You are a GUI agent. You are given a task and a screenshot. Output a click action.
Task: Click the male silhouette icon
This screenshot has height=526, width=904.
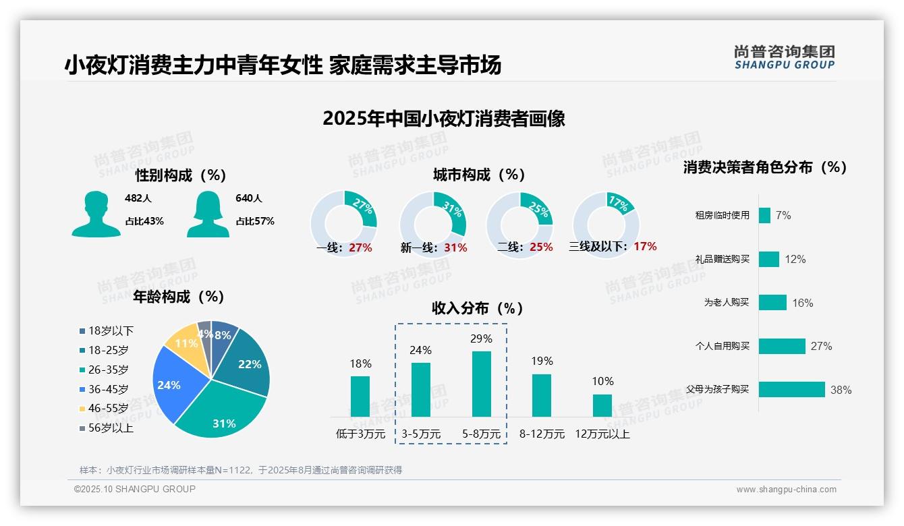click(96, 214)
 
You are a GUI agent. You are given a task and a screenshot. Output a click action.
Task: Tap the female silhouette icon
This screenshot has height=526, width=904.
click(208, 214)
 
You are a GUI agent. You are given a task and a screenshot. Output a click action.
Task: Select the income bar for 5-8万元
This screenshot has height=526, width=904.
click(482, 384)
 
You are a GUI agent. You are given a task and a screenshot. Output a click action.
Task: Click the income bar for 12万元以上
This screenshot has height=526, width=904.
click(602, 405)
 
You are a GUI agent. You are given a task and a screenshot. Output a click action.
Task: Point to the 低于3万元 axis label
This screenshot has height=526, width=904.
click(360, 434)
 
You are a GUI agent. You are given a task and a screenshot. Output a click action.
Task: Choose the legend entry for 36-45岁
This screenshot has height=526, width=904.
click(108, 389)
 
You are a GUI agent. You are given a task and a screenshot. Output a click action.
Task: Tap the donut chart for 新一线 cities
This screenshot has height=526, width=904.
click(433, 224)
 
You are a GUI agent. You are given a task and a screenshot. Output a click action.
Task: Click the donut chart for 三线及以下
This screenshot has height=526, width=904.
click(605, 224)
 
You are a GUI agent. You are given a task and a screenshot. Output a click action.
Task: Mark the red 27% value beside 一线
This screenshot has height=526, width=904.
click(360, 247)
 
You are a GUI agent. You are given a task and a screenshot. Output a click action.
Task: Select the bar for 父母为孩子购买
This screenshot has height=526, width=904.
click(791, 390)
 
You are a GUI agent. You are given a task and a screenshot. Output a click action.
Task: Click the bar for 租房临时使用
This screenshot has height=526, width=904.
click(764, 215)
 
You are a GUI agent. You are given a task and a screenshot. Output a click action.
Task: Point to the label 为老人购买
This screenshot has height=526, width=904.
click(726, 303)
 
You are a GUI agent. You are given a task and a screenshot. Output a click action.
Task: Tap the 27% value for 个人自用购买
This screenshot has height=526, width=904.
click(821, 347)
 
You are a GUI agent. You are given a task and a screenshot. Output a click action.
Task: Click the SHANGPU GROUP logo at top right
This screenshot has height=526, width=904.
click(784, 57)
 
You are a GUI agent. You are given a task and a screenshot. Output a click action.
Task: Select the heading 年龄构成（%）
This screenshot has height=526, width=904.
click(179, 297)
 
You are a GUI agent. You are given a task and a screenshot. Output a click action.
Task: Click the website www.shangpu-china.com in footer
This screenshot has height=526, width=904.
click(786, 490)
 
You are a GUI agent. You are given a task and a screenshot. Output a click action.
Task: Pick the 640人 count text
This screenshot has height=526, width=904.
click(249, 198)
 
